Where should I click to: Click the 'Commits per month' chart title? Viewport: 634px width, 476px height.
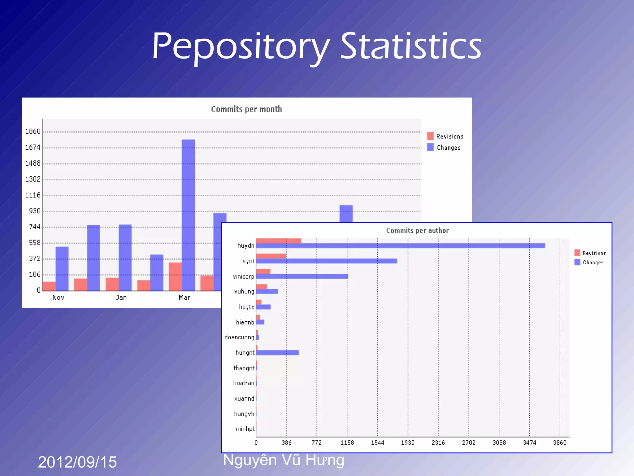(246, 109)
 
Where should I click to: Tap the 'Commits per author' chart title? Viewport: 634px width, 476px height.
(417, 231)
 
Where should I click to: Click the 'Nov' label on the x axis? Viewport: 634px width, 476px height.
(58, 298)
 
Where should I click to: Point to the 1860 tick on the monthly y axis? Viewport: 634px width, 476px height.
(33, 132)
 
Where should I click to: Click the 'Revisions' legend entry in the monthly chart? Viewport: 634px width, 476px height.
(449, 136)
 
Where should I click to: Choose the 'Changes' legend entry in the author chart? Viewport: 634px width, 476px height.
(593, 262)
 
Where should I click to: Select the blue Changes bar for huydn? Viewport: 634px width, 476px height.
(400, 246)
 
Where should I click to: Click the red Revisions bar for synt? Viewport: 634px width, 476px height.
(271, 256)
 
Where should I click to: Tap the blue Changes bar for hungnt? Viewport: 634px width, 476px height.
(277, 353)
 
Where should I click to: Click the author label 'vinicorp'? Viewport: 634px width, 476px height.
(243, 276)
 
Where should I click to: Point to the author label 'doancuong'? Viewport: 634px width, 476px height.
(239, 337)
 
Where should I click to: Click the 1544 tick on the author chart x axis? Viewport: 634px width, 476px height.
(377, 443)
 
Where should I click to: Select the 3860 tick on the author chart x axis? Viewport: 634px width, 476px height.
(559, 443)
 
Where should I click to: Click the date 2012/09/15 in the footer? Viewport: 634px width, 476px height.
(77, 462)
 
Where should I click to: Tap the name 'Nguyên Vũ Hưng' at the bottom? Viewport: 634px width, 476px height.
(283, 460)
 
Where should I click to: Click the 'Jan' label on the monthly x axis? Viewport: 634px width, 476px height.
(121, 298)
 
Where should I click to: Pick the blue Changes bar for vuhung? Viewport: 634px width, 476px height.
(267, 292)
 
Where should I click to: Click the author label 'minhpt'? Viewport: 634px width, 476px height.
(245, 429)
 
